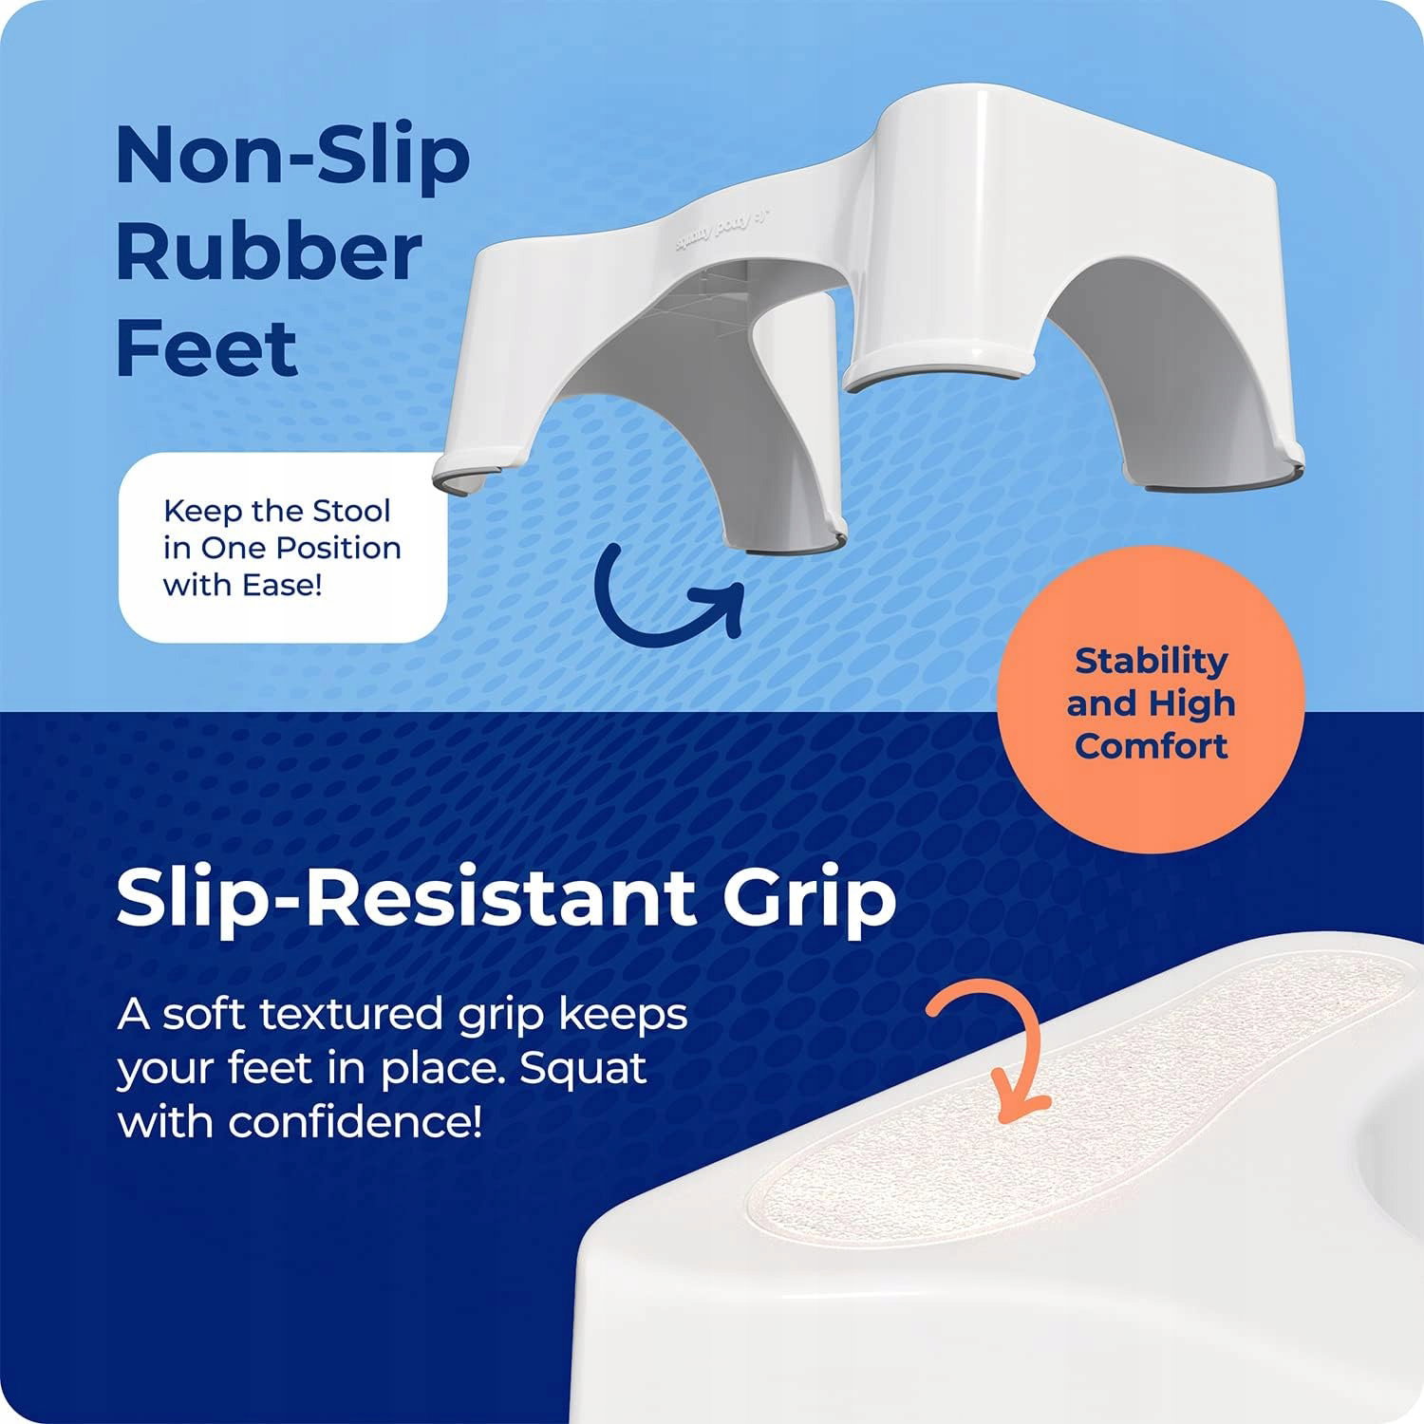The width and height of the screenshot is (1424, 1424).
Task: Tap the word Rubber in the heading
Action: (x=269, y=253)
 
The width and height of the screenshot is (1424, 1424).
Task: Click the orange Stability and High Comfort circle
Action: (x=1151, y=701)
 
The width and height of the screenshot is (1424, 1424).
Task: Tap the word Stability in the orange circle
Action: (x=1152, y=661)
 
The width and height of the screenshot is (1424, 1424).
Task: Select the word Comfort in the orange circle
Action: (x=1151, y=745)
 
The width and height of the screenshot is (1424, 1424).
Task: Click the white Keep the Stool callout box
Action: (x=283, y=548)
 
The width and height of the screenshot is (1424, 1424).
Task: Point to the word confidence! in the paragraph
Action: (x=356, y=1123)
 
